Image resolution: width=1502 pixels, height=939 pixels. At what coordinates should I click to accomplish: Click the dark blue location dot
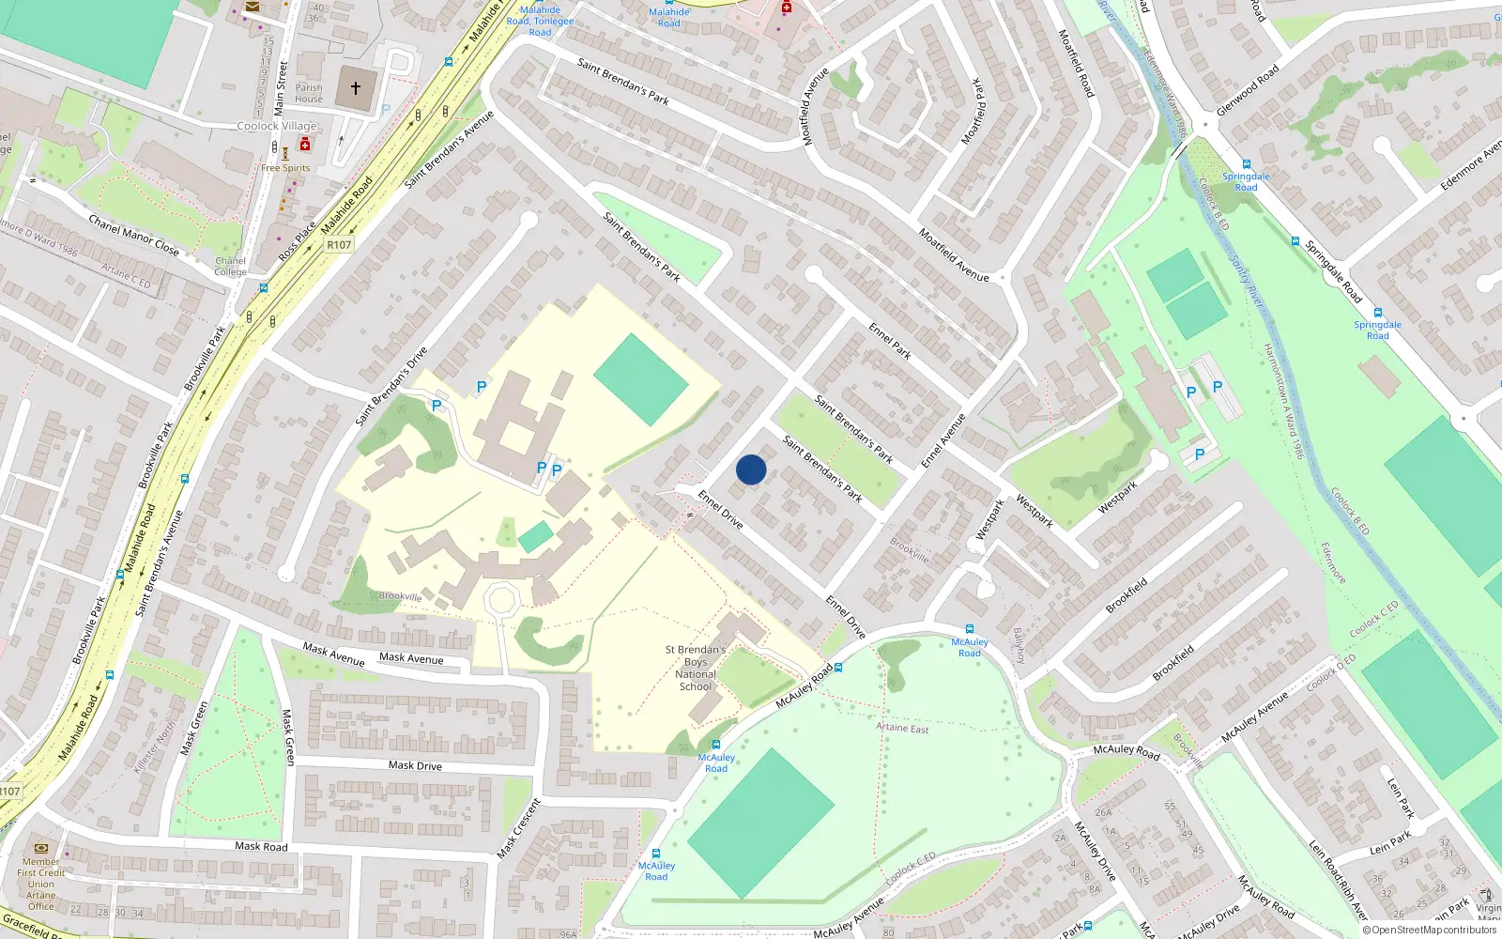[751, 469]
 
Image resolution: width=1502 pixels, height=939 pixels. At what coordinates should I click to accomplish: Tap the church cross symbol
[356, 88]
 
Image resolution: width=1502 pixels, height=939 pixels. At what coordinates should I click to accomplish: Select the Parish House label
[309, 93]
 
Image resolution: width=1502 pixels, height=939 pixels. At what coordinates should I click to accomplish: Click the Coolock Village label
[277, 126]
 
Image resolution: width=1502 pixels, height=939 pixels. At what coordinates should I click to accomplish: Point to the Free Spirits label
[285, 168]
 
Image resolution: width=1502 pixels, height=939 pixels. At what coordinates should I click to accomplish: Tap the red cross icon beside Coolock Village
[304, 145]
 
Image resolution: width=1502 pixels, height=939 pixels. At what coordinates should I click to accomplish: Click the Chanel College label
[230, 267]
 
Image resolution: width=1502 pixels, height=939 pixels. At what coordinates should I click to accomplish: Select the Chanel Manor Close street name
[133, 235]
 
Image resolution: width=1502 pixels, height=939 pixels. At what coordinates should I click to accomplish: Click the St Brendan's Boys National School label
[696, 668]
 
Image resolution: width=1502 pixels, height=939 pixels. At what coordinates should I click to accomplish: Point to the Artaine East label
[902, 728]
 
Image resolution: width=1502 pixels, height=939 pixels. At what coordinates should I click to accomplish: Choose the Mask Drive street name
[415, 765]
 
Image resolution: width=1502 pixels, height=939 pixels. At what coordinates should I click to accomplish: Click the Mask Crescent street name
[519, 828]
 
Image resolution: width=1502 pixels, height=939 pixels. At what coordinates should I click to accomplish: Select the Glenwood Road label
[1248, 90]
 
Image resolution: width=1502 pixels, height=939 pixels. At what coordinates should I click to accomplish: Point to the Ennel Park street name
[890, 341]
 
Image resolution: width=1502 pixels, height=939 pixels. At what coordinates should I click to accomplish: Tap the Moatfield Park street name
[972, 111]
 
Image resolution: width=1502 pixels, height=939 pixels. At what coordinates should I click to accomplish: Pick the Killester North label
[155, 747]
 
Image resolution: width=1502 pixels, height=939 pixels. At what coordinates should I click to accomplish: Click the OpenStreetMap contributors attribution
[1429, 930]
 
